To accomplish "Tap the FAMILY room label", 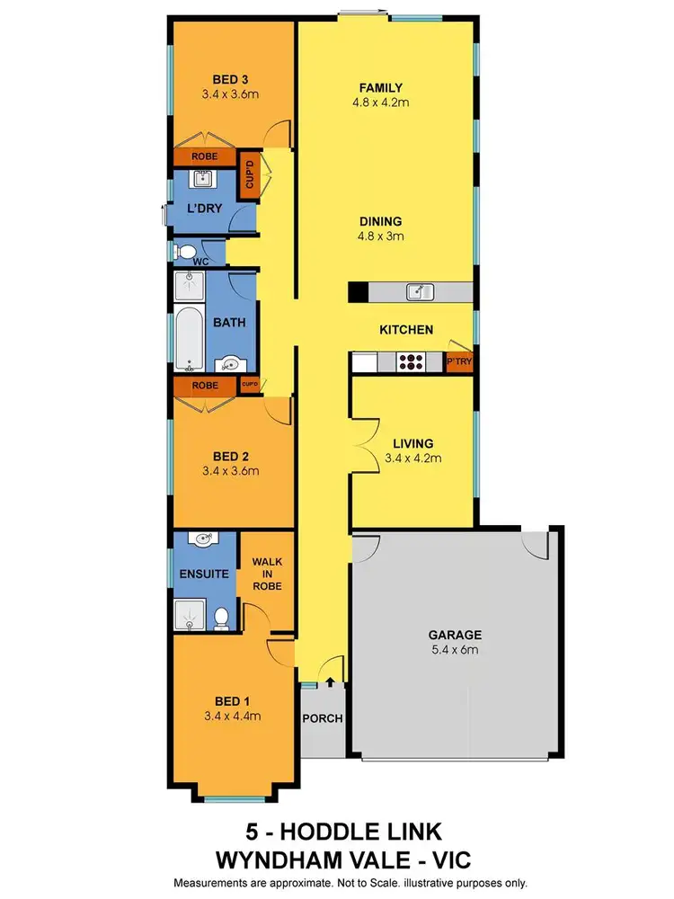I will [x=380, y=88].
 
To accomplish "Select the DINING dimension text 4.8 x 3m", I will [x=380, y=236].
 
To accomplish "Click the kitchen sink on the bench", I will [x=419, y=291].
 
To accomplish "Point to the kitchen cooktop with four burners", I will [x=412, y=361].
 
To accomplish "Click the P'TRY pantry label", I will [x=459, y=361].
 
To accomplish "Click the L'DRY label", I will [x=203, y=209].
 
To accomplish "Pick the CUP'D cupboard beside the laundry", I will [x=251, y=176].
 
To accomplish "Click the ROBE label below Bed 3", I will [x=203, y=156].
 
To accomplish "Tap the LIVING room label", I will [x=413, y=443].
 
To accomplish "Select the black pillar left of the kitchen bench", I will [x=357, y=292].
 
